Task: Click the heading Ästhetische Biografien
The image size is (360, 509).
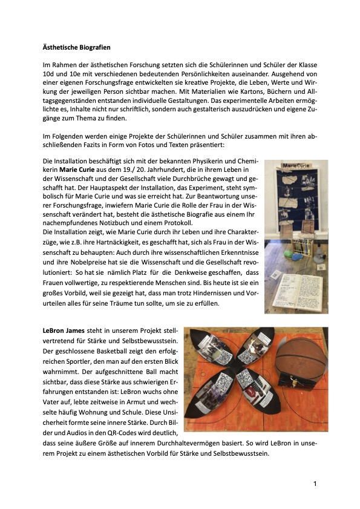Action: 76,47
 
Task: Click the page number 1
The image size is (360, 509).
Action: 315,484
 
